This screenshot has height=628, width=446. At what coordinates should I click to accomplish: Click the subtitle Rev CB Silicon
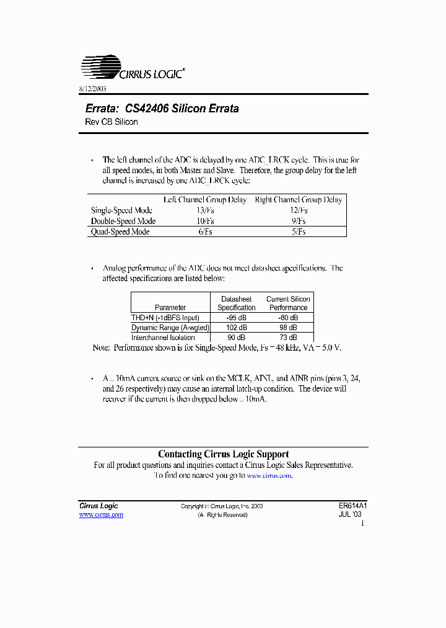111,122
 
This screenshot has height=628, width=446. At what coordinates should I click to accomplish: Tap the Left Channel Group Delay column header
204,200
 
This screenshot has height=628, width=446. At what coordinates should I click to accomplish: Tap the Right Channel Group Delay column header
298,200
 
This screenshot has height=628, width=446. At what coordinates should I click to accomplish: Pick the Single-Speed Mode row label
121,210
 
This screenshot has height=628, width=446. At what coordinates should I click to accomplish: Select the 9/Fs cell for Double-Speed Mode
298,221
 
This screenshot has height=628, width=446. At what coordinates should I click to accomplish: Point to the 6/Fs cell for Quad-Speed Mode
204,231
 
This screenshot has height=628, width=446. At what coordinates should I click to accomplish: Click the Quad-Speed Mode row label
120,231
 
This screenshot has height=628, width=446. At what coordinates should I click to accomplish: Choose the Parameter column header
170,307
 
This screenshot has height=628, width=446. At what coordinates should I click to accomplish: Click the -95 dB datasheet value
236,317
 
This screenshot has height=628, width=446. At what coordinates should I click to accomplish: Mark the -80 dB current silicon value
288,317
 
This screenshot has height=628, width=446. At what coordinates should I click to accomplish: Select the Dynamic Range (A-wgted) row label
170,327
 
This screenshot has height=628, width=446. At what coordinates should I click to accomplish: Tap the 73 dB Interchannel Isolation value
288,337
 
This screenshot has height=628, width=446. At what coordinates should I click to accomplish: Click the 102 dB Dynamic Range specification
236,327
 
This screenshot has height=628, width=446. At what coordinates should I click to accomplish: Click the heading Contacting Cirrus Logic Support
223,454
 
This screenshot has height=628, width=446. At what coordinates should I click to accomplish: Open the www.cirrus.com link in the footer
101,515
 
